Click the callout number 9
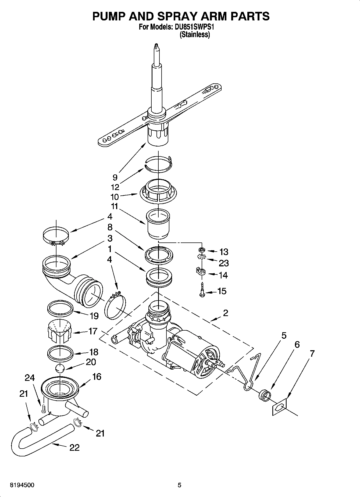point(115,177)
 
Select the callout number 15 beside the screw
point(222,291)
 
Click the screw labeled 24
point(42,409)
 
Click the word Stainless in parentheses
point(195,34)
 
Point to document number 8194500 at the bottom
point(22,485)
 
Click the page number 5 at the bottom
point(179,485)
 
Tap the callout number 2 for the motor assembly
point(225,313)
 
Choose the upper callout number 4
point(110,217)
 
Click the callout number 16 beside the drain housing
point(97,377)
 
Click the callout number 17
point(92,331)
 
